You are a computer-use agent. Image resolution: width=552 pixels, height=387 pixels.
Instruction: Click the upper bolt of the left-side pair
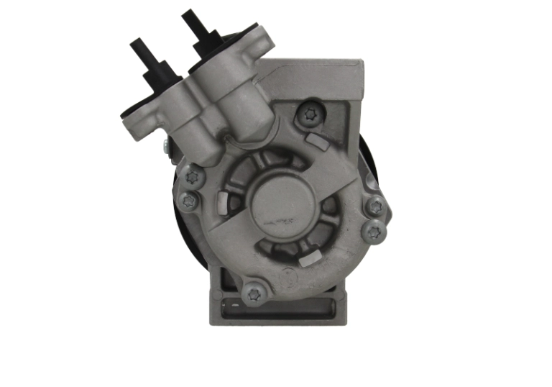point(191,175)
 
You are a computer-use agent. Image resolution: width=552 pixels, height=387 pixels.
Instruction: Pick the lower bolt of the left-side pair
point(188,201)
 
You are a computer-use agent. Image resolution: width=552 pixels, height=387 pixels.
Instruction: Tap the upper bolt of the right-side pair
point(374,207)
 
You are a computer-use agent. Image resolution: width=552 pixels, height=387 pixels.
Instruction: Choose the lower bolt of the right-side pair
point(374,232)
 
